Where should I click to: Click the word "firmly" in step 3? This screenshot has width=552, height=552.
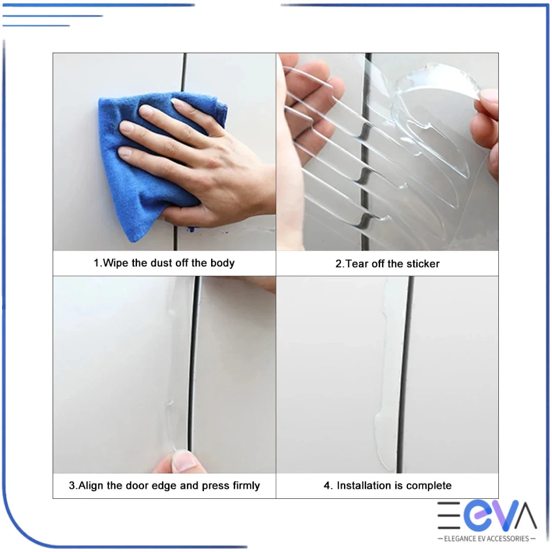click(242, 486)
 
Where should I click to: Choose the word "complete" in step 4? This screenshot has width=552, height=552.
click(427, 486)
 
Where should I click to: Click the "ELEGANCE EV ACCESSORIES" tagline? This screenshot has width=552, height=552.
click(487, 538)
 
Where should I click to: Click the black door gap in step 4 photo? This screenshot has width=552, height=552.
click(404, 373)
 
